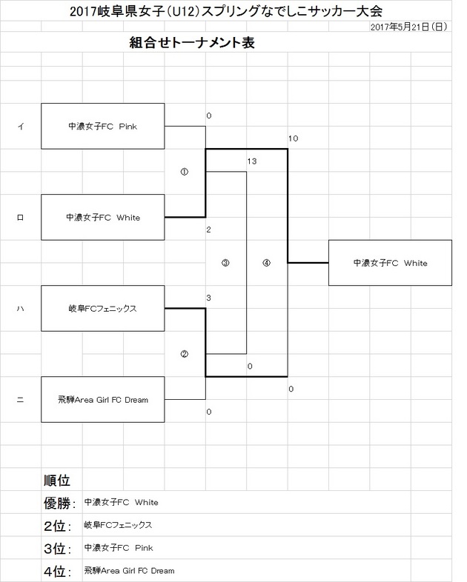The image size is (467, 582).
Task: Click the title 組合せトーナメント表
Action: pyautogui.click(x=192, y=44)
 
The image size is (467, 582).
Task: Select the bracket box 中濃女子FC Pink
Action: pyautogui.click(x=102, y=126)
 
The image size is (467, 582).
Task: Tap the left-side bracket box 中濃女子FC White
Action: pyautogui.click(x=102, y=218)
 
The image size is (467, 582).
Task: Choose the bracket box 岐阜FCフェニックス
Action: pyautogui.click(x=102, y=308)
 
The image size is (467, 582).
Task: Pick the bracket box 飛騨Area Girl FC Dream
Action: pyautogui.click(x=102, y=400)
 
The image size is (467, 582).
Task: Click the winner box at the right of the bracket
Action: pyautogui.click(x=390, y=263)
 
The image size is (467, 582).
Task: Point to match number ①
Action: pyautogui.click(x=185, y=172)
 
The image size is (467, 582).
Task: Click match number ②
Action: pyautogui.click(x=185, y=354)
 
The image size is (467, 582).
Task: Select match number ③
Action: pyautogui.click(x=225, y=263)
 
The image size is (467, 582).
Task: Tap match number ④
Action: pyautogui.click(x=266, y=263)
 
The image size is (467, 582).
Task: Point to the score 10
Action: pyautogui.click(x=293, y=138)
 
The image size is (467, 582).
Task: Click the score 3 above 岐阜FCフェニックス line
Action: pyautogui.click(x=209, y=298)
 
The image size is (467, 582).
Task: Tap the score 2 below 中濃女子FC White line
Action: pyautogui.click(x=209, y=230)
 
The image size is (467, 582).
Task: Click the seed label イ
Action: pyautogui.click(x=20, y=127)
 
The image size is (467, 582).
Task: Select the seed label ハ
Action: pyautogui.click(x=20, y=309)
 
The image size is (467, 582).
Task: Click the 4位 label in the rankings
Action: pyautogui.click(x=57, y=572)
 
